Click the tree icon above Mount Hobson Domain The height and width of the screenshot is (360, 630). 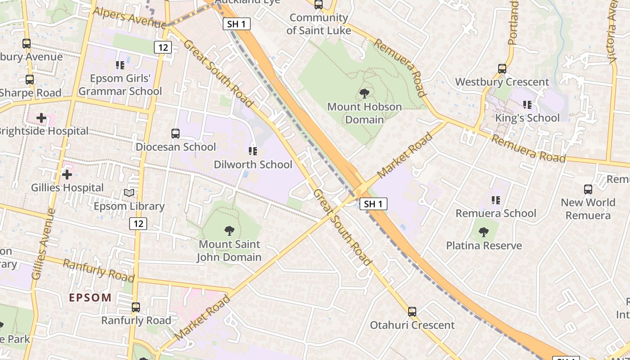pyautogui.click(x=364, y=94)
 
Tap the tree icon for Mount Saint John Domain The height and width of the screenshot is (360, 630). pyautogui.click(x=229, y=231)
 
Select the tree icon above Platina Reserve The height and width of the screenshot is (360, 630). pyautogui.click(x=484, y=233)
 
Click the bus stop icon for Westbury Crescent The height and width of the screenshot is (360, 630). pyautogui.click(x=502, y=69)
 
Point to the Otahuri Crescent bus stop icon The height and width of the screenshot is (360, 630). pyautogui.click(x=412, y=312)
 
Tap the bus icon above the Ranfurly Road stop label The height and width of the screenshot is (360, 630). pyautogui.click(x=136, y=307)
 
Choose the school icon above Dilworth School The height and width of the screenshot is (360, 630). pyautogui.click(x=253, y=151)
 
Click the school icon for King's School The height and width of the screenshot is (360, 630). pyautogui.click(x=527, y=105)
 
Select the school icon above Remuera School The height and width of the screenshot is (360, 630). pyautogui.click(x=496, y=200)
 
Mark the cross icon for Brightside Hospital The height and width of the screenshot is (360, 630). pyautogui.click(x=41, y=118)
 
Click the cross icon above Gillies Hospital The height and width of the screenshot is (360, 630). pyautogui.click(x=67, y=174)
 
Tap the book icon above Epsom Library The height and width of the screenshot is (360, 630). pyautogui.click(x=129, y=193)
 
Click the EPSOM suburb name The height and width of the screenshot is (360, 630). pyautogui.click(x=90, y=297)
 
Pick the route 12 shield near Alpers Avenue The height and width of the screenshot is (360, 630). pyautogui.click(x=163, y=47)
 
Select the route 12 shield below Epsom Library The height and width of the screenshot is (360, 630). pyautogui.click(x=138, y=223)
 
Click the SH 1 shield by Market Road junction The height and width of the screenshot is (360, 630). pyautogui.click(x=373, y=204)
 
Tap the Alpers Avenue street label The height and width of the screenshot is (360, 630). pyautogui.click(x=129, y=18)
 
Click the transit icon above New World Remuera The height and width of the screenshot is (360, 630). pyautogui.click(x=588, y=189)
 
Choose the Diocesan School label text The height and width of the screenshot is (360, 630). pyautogui.click(x=176, y=147)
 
